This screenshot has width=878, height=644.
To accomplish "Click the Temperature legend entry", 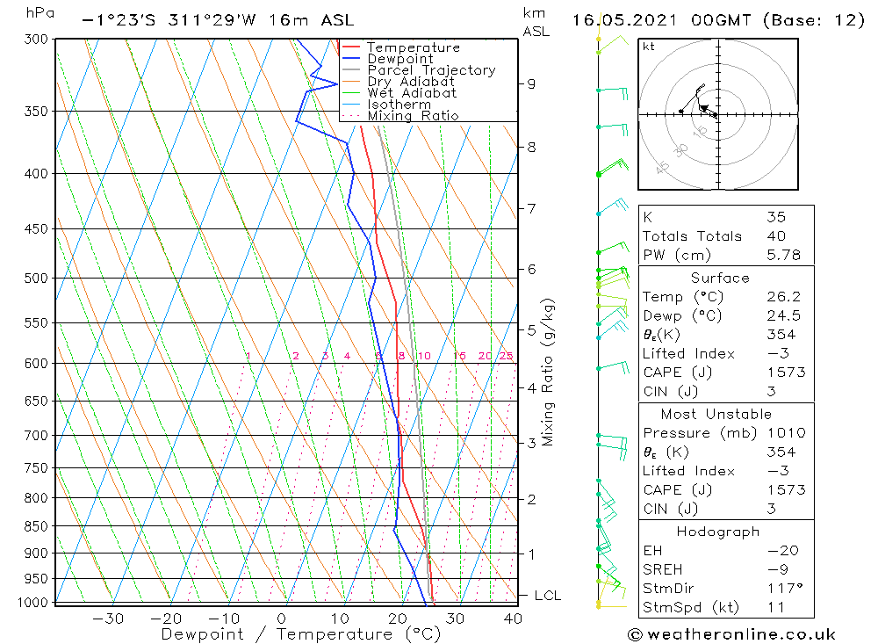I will tap(413, 47).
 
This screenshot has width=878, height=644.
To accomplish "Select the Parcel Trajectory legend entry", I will tap(431, 70).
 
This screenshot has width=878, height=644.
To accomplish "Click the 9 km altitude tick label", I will tap(531, 83).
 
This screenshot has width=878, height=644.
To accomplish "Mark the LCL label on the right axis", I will tap(547, 596).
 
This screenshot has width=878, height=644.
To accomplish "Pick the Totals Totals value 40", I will tap(776, 235).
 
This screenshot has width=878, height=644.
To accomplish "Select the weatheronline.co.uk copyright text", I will tap(731, 634).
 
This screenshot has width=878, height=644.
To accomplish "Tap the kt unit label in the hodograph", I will tap(648, 47).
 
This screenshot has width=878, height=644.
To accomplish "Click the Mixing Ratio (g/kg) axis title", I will tap(549, 372).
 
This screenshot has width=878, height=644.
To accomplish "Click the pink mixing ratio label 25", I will tap(506, 356).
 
